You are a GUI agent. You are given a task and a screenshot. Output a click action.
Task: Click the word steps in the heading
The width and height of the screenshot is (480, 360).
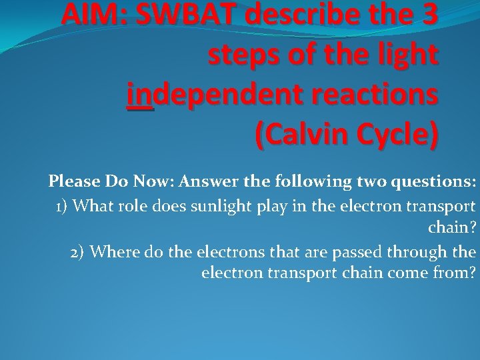[243, 55]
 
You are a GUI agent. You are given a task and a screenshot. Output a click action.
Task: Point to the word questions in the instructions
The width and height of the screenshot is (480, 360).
[435, 181]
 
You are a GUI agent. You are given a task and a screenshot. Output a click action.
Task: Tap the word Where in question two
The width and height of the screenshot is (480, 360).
[112, 251]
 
